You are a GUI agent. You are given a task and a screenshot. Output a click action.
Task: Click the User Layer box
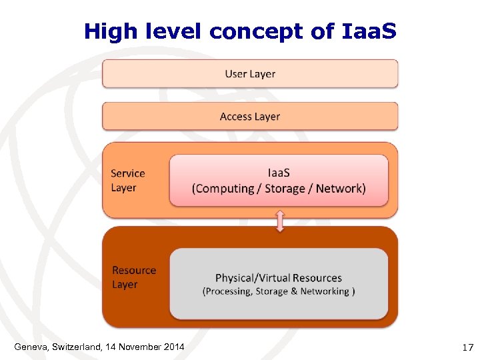click(250, 74)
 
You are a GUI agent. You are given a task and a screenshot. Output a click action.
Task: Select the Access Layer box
click(250, 117)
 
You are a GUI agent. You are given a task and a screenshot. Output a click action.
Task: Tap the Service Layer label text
click(128, 181)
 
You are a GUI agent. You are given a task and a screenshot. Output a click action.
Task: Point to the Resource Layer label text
click(134, 277)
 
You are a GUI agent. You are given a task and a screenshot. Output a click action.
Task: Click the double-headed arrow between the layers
click(280, 221)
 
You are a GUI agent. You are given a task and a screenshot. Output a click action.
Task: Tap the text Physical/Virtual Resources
click(279, 278)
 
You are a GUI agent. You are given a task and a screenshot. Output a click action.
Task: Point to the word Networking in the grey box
click(325, 291)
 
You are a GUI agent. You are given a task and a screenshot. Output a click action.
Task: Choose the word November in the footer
click(139, 346)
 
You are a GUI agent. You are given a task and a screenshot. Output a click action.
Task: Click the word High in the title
click(107, 31)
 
